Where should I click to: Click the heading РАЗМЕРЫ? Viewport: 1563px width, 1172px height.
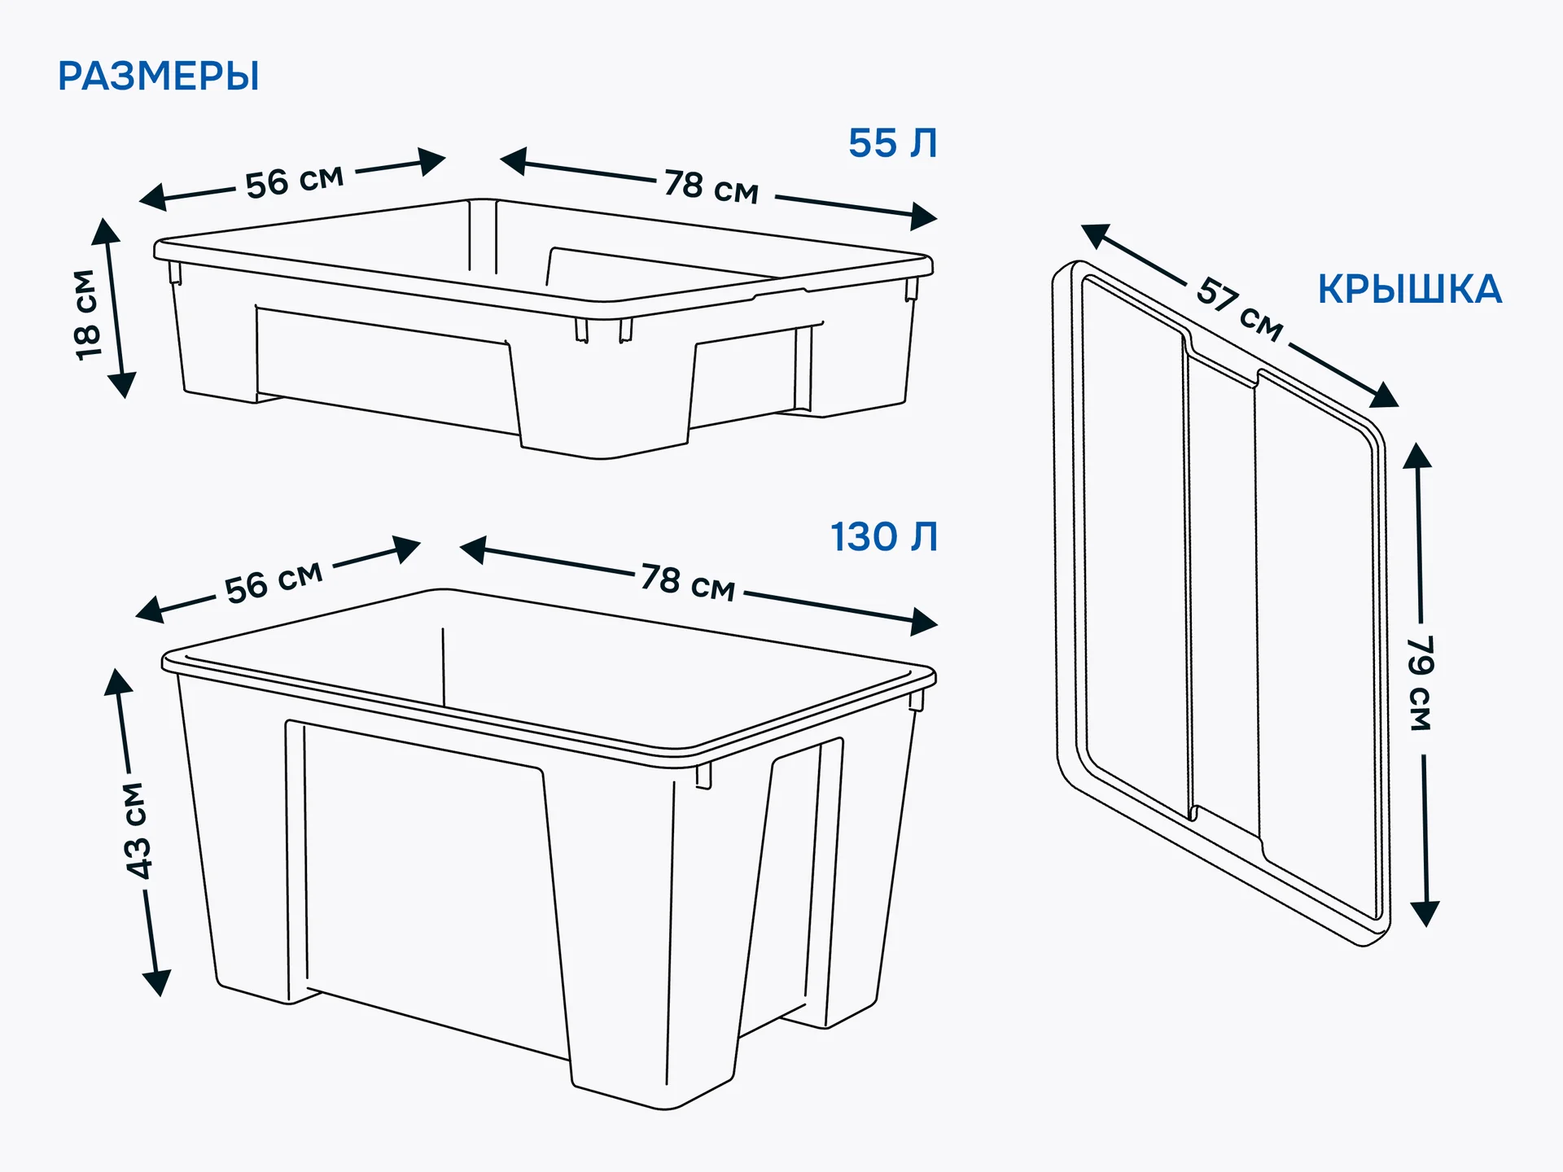tap(159, 77)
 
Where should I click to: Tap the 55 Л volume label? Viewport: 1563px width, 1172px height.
tap(893, 143)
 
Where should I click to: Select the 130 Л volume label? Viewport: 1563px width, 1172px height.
tap(884, 537)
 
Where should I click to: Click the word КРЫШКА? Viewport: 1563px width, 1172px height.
tap(1410, 290)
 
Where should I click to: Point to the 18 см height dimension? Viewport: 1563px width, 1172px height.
tap(86, 314)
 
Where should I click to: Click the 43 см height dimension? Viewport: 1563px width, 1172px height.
tap(138, 830)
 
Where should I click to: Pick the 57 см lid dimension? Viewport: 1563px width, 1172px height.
tap(1239, 309)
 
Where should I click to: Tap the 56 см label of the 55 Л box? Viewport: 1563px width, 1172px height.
tap(295, 181)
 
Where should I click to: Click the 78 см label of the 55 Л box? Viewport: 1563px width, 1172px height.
tap(711, 186)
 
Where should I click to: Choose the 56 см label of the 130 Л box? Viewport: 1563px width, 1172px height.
tap(274, 581)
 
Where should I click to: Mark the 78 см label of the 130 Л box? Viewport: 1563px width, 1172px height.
tap(688, 582)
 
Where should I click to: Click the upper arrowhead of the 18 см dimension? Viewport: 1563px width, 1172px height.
tap(105, 231)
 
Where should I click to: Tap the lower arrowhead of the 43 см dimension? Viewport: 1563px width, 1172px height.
tap(157, 982)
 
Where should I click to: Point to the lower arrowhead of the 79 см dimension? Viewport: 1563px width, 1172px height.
tap(1425, 914)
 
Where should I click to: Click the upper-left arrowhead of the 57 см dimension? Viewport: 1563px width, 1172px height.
tap(1096, 235)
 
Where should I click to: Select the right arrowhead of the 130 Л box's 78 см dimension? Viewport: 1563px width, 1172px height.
tap(924, 622)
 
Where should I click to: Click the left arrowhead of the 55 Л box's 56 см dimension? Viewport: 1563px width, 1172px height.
tap(153, 197)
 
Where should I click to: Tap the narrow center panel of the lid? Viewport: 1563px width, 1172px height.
tap(1223, 594)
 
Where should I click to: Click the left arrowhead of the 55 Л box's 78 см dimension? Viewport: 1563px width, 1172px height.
tap(513, 160)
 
